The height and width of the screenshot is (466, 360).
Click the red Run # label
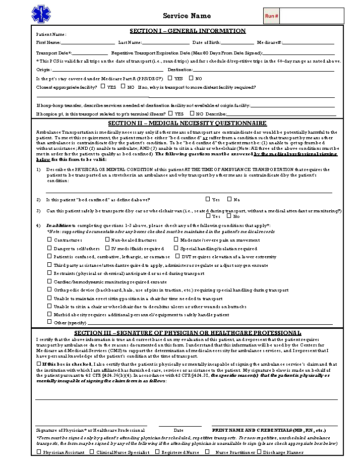(271, 16)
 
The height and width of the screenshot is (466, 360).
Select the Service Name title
(187, 16)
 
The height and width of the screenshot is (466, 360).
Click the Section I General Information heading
(188, 31)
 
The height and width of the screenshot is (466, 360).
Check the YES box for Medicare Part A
(170, 78)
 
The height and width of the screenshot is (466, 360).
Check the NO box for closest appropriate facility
(124, 87)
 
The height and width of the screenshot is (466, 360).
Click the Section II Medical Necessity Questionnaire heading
(187, 123)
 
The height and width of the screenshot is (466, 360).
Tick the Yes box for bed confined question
(208, 199)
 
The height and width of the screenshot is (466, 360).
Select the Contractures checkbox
(49, 240)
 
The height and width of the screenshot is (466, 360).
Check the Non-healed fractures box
(107, 240)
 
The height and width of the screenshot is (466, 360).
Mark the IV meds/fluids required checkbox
(107, 248)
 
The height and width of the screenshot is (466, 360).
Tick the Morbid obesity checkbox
(49, 314)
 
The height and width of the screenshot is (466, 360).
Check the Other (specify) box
(49, 322)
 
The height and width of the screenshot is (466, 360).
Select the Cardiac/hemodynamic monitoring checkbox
(49, 281)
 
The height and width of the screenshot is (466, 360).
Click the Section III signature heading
(188, 333)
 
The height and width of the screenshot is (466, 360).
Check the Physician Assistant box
(39, 452)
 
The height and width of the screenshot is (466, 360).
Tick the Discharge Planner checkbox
(259, 452)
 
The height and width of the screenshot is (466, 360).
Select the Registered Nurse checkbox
(157, 452)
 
